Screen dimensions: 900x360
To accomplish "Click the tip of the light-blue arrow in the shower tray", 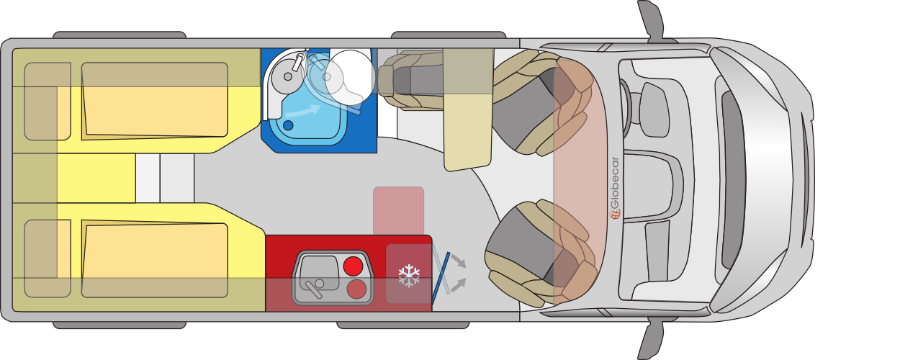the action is [320, 106].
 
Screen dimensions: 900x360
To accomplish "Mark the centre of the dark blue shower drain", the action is [288, 125].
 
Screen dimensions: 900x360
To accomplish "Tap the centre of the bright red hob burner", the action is [354, 266].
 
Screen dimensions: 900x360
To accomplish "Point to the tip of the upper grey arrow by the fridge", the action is [466, 267].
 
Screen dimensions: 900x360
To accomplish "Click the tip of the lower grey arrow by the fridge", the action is [466, 279].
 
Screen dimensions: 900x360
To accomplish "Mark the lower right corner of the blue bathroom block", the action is [377, 153].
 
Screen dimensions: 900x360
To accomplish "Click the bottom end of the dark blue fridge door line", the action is [433, 304].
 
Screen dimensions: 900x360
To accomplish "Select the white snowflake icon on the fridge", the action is [409, 276].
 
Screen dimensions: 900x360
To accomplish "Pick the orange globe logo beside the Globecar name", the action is [615, 214].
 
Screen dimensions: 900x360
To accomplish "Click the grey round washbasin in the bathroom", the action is [288, 75].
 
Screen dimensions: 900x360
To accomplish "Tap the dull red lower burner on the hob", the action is [356, 289].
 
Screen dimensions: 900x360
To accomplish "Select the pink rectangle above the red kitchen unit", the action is [399, 210].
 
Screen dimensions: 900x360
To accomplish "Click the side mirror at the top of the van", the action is [652, 20].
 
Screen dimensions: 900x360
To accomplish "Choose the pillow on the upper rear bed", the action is [48, 102].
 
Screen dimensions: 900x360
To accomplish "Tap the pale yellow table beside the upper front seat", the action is [469, 109].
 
